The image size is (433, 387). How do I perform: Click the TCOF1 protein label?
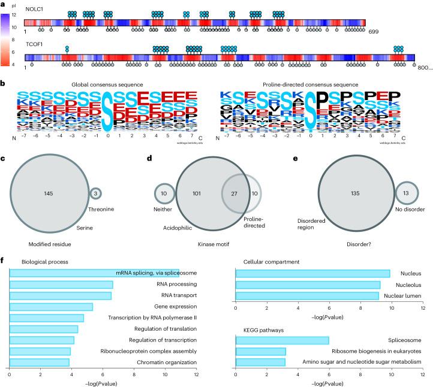[x=34, y=44]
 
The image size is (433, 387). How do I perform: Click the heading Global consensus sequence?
[x=100, y=84]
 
